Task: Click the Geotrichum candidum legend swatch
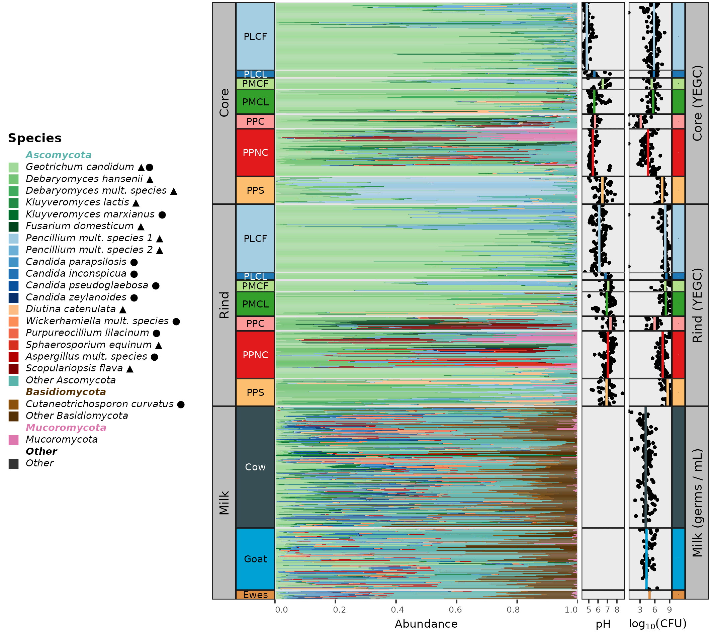click(14, 167)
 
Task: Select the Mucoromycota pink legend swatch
click(14, 440)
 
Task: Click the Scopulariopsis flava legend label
click(74, 368)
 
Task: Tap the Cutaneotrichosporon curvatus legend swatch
click(14, 404)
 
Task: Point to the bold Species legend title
click(35, 138)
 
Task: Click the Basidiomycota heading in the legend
click(66, 392)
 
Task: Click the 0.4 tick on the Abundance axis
click(397, 610)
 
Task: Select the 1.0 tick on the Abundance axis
click(571, 610)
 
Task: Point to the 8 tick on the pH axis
click(617, 610)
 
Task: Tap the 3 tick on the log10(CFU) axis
click(640, 610)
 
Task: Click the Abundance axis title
click(426, 624)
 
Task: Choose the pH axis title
click(603, 624)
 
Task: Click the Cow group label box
click(255, 467)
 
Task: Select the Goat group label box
click(255, 559)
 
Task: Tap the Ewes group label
click(255, 595)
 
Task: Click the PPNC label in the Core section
click(255, 153)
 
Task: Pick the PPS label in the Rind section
click(255, 393)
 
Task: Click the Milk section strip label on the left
click(224, 503)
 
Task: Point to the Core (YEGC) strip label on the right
click(697, 103)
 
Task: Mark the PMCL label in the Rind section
click(255, 304)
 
